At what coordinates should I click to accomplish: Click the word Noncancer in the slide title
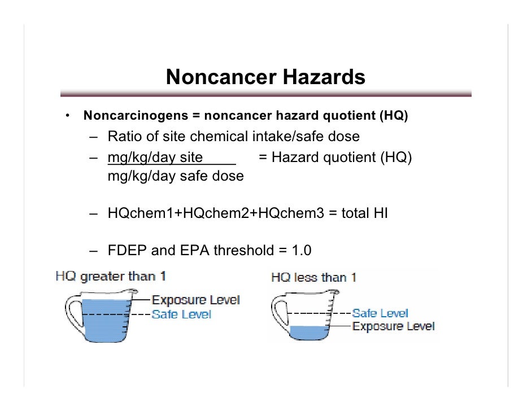click(213, 77)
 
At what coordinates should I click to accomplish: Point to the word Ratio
click(125, 137)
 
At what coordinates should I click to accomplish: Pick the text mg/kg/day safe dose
click(176, 176)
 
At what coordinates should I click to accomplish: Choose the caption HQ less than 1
click(313, 278)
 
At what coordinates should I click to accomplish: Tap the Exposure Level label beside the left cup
click(196, 300)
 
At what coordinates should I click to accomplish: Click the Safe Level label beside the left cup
click(181, 314)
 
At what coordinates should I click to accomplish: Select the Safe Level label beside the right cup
click(380, 313)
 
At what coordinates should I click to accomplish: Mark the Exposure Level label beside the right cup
click(394, 326)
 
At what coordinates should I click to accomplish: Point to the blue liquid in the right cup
click(308, 333)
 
